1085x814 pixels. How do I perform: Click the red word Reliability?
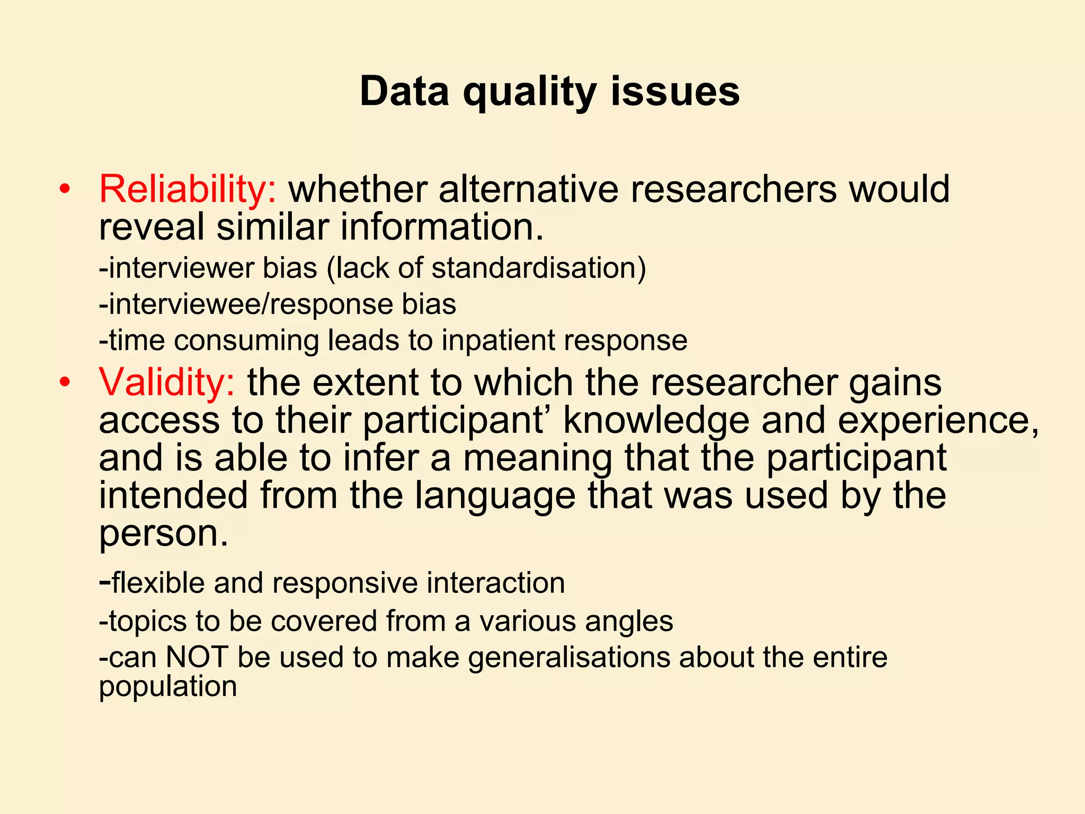188,189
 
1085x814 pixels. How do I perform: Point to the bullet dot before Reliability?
65,189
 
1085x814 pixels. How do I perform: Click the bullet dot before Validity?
65,382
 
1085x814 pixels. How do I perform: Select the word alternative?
528,189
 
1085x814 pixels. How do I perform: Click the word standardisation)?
539,268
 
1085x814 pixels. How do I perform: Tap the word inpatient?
498,340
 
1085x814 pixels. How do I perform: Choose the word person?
163,534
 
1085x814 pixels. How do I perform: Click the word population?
167,686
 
